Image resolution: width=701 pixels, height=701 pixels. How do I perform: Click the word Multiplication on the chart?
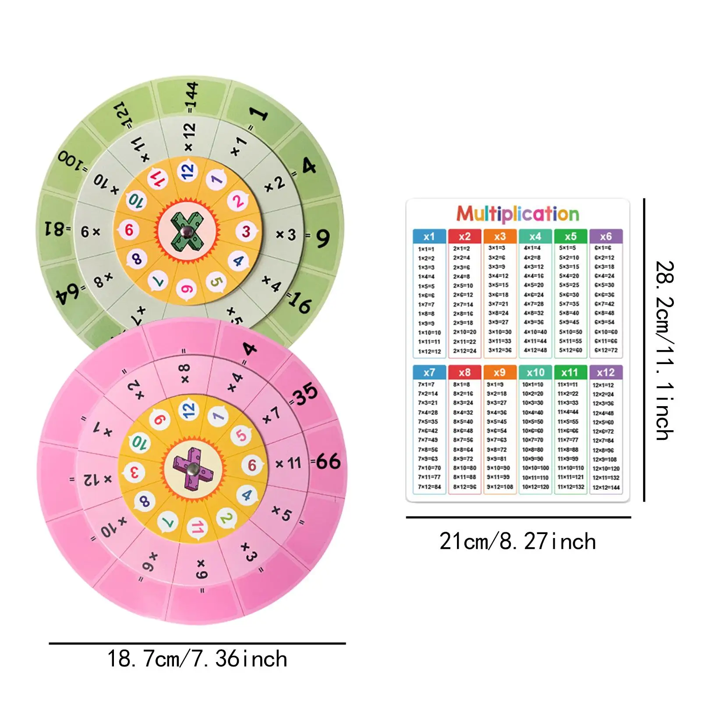tap(517, 214)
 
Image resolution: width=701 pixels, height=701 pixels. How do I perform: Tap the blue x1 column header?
tap(429, 237)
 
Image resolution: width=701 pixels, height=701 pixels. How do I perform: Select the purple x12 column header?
tap(605, 372)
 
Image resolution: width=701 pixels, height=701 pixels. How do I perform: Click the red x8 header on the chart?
tap(464, 372)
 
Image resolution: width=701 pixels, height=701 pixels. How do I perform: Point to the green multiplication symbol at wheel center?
tap(187, 231)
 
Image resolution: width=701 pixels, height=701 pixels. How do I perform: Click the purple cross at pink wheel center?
tap(193, 469)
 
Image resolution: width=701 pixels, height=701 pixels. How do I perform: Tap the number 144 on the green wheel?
tap(191, 96)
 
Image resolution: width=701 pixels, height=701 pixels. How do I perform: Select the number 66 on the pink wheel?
tap(328, 462)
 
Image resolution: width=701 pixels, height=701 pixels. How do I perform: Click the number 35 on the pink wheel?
tap(306, 393)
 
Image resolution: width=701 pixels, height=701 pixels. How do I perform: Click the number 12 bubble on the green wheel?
tap(188, 171)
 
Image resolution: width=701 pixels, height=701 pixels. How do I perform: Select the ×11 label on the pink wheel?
tap(289, 463)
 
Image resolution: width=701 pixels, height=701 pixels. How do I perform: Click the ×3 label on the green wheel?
tap(286, 235)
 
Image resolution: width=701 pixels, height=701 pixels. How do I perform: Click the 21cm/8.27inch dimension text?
tap(517, 542)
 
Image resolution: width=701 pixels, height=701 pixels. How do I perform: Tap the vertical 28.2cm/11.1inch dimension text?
tap(664, 350)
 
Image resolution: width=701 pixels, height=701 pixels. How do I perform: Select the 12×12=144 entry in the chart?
tap(606, 487)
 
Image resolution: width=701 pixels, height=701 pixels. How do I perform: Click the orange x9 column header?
tap(499, 372)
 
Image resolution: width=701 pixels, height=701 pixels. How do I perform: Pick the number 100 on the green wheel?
tap(72, 163)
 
